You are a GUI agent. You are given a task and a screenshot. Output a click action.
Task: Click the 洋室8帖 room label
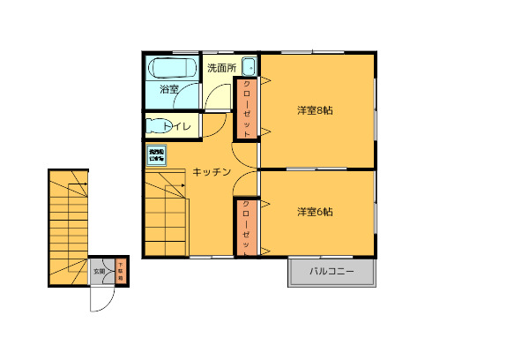point(315,110)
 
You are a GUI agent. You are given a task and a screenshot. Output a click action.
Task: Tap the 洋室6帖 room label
point(315,212)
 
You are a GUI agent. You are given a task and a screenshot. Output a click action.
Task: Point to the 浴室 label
point(169,89)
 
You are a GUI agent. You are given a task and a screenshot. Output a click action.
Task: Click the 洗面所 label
point(221,67)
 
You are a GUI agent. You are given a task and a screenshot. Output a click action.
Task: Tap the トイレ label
point(176,126)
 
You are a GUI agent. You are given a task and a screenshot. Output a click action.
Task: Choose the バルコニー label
point(332,273)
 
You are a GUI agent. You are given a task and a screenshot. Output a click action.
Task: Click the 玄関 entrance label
point(99,271)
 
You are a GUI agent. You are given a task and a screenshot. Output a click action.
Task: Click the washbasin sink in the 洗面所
point(248,66)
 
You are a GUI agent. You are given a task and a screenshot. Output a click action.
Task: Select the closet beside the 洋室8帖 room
point(246,109)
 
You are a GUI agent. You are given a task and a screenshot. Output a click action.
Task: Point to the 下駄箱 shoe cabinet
point(121,271)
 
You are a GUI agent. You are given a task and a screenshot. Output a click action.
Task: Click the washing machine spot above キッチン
point(156,154)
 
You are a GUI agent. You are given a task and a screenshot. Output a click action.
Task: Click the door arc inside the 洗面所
point(214,97)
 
